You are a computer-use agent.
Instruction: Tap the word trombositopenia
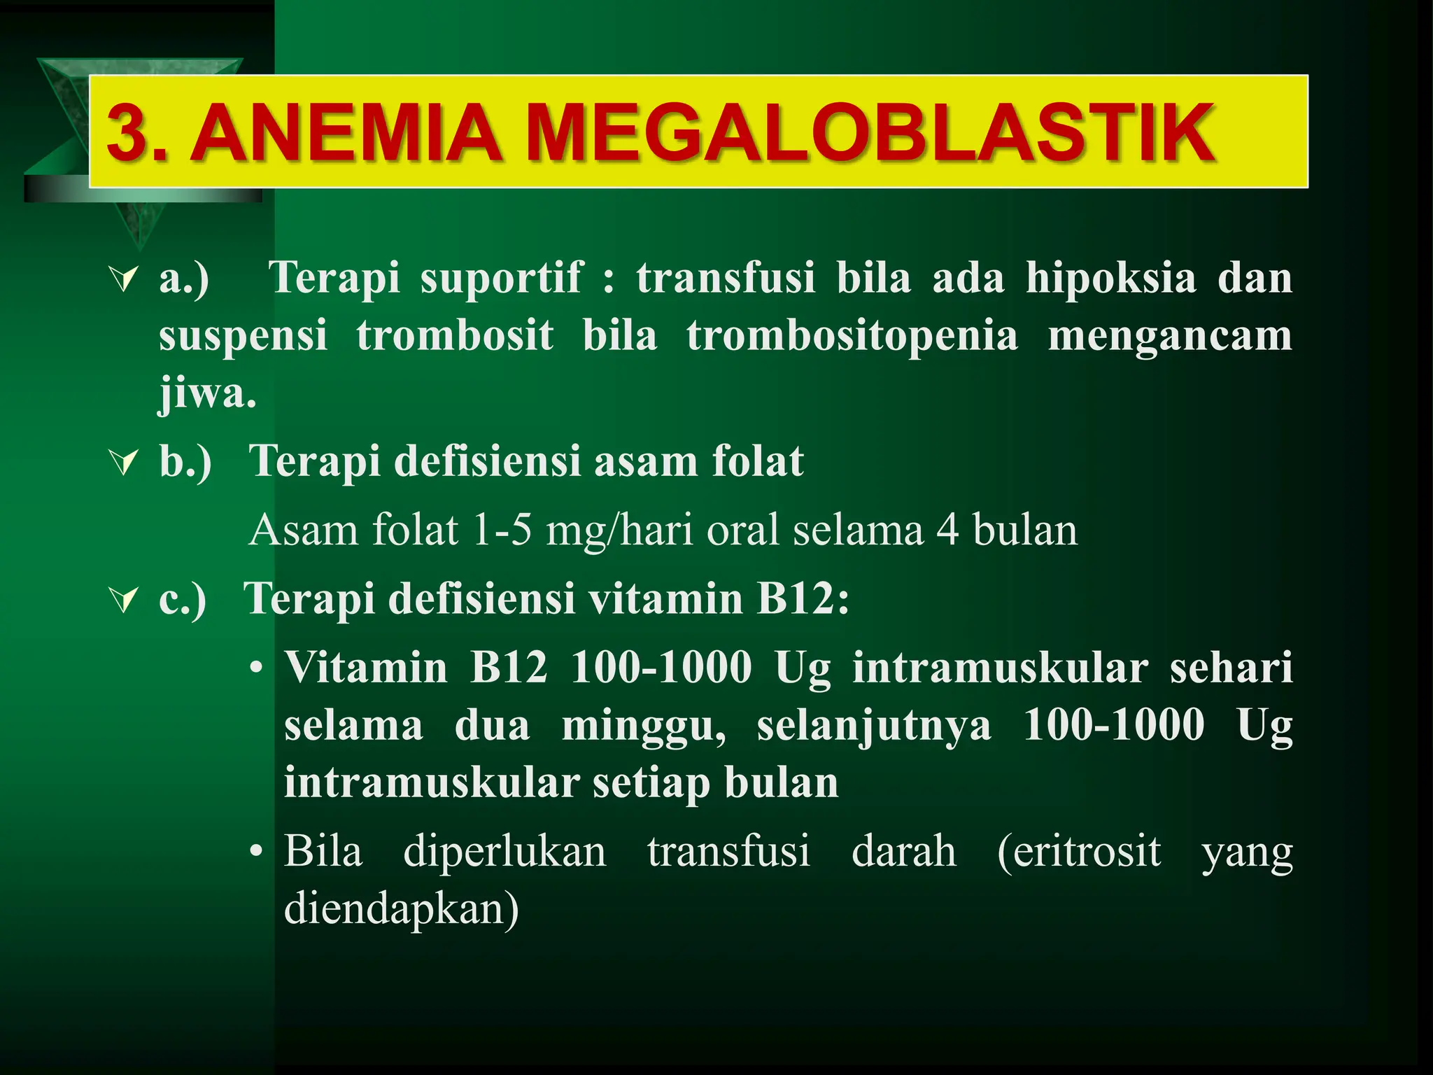click(852, 336)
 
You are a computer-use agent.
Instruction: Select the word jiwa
click(207, 394)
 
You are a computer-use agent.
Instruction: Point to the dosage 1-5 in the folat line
click(501, 530)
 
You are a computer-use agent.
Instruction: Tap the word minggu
click(644, 726)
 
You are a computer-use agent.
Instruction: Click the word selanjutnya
click(874, 726)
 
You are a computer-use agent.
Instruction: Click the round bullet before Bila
click(257, 852)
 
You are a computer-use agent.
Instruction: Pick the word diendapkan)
click(402, 910)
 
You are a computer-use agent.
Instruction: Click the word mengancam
click(1169, 336)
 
